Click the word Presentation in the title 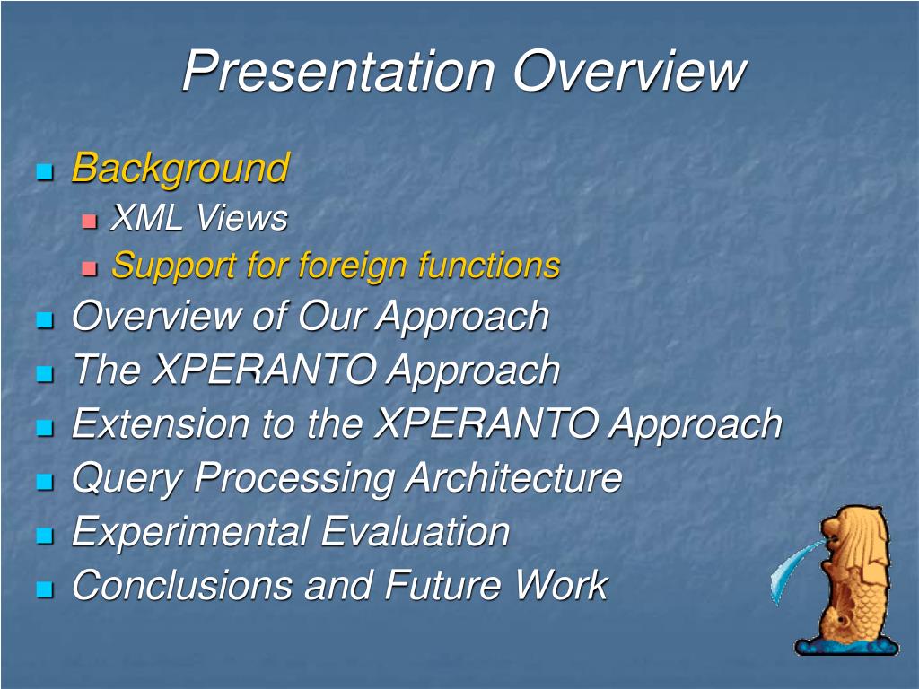[x=338, y=72]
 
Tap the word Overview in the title [x=630, y=70]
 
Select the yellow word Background [x=180, y=169]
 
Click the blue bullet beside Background [x=45, y=171]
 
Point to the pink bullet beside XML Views [x=89, y=221]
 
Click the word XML [x=146, y=217]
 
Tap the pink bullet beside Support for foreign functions [x=89, y=268]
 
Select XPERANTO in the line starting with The [x=264, y=370]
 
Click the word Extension [x=161, y=423]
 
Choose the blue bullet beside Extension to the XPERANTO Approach [x=45, y=427]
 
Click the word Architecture [x=513, y=477]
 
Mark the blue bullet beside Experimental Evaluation [x=45, y=535]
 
